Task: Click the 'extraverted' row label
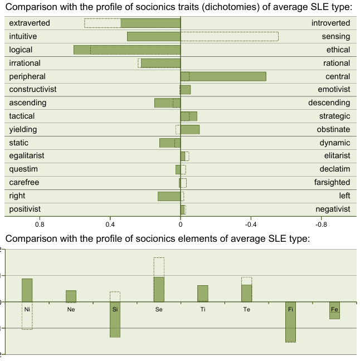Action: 30,23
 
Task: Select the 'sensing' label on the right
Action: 336,37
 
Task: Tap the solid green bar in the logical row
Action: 127,50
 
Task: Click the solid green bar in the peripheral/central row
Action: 223,76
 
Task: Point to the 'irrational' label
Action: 25,63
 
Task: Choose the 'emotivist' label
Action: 334,89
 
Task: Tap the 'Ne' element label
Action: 71,309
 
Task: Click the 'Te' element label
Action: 246,309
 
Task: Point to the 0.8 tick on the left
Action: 40,225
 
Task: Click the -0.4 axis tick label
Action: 250,225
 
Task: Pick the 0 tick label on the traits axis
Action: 181,225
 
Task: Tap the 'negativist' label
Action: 332,209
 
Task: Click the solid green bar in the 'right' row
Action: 169,196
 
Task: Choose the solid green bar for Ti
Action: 203,294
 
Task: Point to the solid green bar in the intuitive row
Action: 154,37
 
